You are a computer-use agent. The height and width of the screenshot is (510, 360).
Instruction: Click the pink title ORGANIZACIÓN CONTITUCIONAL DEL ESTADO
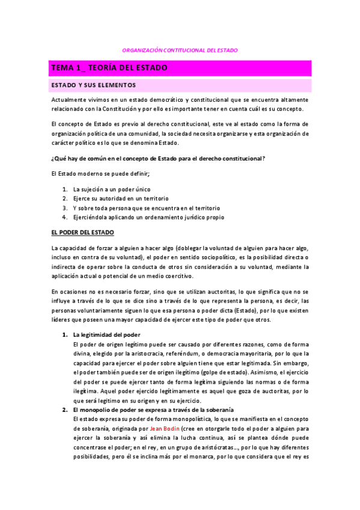180,51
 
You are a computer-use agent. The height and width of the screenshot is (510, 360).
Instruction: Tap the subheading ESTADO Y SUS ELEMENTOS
94,85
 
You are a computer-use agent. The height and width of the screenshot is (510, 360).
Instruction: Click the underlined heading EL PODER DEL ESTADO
83,232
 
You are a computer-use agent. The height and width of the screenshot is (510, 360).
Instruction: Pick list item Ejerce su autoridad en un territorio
121,198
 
